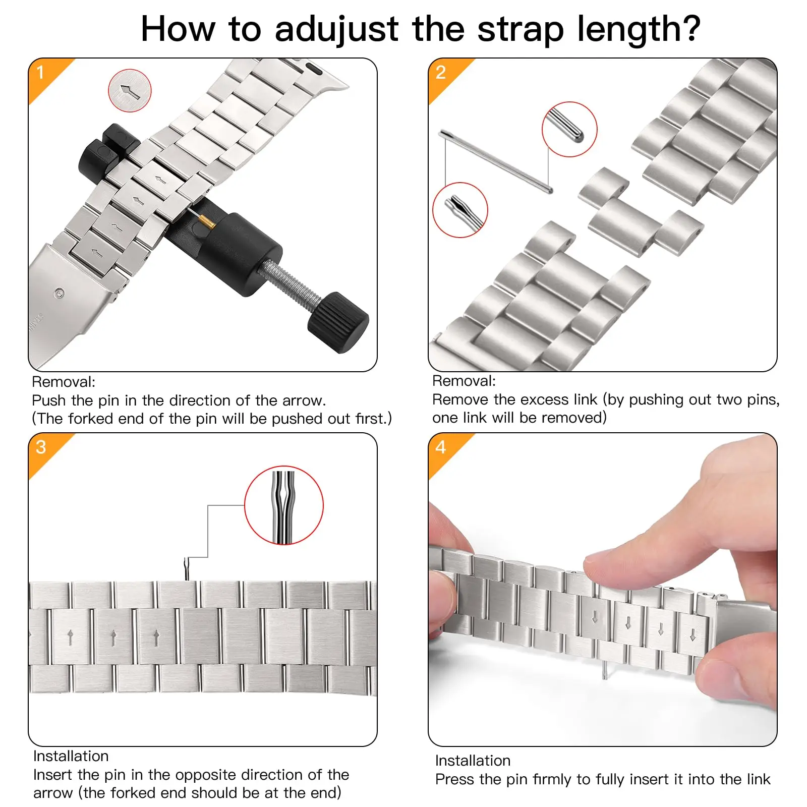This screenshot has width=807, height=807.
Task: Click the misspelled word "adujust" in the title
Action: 336,29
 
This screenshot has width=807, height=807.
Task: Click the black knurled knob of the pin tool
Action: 338,322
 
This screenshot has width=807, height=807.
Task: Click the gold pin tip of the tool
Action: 206,222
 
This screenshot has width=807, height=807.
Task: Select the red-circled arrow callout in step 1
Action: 130,91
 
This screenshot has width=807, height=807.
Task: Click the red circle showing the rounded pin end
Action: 569,129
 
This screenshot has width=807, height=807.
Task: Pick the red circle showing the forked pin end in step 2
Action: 460,210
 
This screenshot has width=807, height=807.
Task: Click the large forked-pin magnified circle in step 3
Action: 284,505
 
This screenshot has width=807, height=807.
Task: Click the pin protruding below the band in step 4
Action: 605,670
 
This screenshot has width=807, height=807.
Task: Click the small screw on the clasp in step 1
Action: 60,293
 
